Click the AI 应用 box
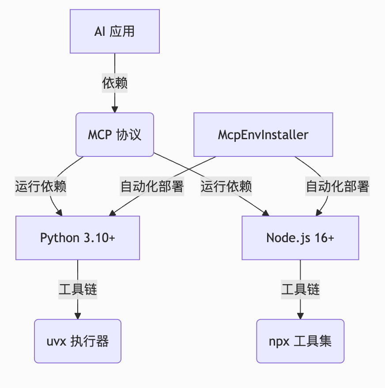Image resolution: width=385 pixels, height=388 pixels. coord(115,32)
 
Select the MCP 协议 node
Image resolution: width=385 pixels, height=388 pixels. coord(115,134)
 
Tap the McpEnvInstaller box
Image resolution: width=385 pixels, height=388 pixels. coord(263,134)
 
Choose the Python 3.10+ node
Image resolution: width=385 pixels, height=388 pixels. coord(78,238)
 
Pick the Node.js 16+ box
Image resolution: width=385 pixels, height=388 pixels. coord(300,238)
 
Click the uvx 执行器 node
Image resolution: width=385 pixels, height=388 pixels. coord(78,341)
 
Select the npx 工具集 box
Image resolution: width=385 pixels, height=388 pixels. coord(300,341)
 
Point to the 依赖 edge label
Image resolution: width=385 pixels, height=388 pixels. coord(115,83)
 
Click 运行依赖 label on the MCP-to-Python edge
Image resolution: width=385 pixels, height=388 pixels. coord(41,186)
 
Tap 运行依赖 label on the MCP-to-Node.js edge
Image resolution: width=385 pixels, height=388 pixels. coord(226,186)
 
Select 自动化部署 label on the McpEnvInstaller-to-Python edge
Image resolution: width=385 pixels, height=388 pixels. coord(152,186)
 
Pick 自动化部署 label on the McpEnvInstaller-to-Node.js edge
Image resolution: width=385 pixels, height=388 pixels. coord(337,186)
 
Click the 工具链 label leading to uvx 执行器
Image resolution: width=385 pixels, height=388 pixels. coord(78,289)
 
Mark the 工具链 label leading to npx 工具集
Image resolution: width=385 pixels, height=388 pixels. coord(300,289)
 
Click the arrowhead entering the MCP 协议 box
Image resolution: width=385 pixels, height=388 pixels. coord(115,110)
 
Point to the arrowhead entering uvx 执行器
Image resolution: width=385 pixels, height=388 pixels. coord(78,316)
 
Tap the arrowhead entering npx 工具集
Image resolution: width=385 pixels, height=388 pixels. coord(300,316)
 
